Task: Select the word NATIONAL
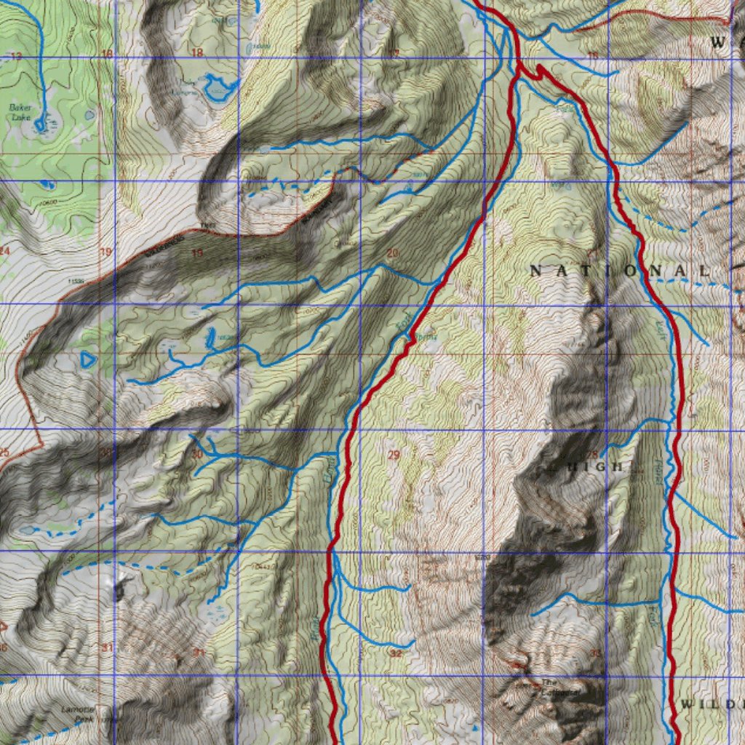coord(618,271)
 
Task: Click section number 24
coord(5,251)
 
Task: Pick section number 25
coord(4,453)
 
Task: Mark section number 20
coord(393,252)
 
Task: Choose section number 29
coord(394,455)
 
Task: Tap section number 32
coord(396,653)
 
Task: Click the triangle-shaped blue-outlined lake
coord(87,359)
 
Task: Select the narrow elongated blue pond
coord(210,336)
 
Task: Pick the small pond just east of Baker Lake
coord(89,115)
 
